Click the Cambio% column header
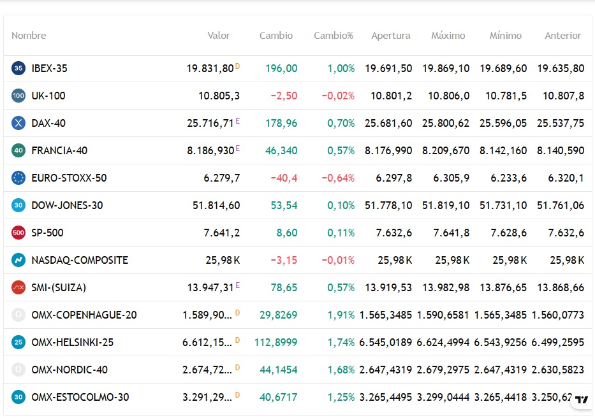[x=333, y=36]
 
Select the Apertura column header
[x=391, y=36]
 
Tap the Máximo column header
[x=448, y=36]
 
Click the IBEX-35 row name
[x=49, y=68]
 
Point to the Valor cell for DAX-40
[x=210, y=123]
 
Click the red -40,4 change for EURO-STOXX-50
[x=284, y=178]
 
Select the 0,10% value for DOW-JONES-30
[x=341, y=205]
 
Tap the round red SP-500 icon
[x=18, y=233]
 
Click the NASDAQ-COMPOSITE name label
[x=80, y=260]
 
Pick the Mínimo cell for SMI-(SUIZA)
[x=503, y=287]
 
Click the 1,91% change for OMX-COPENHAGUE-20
[x=341, y=315]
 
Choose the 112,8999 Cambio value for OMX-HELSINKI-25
[x=276, y=343]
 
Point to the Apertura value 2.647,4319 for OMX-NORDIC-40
[x=386, y=370]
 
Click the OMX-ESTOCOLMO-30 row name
[x=80, y=397]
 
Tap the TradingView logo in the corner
[x=582, y=400]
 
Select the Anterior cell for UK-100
[x=564, y=96]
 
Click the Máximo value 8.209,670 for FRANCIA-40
[x=446, y=150]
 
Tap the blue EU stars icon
[x=18, y=178]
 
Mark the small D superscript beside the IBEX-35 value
[x=237, y=66]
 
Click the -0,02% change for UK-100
[x=338, y=96]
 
